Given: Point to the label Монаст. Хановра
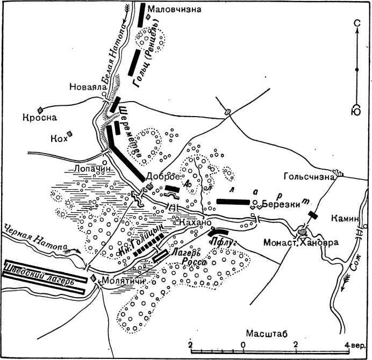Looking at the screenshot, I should pyautogui.click(x=301, y=242).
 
